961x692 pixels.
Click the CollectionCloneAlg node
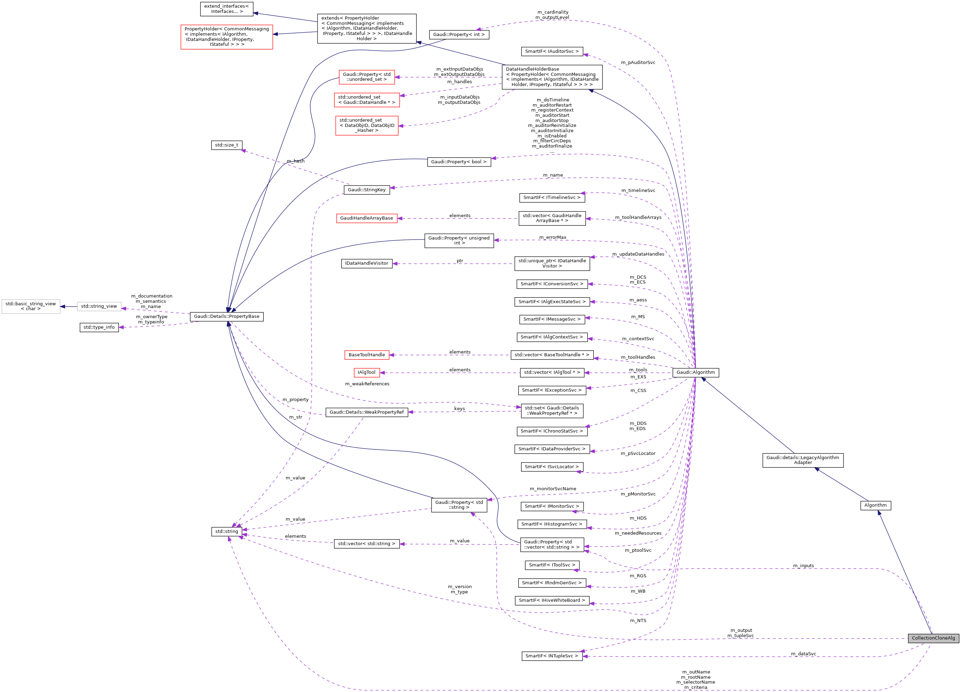tap(933, 638)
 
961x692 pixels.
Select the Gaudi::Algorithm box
tap(695, 372)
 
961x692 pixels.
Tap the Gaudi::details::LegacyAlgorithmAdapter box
tap(803, 460)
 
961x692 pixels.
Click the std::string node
tap(226, 532)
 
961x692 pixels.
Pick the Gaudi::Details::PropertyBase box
tap(226, 316)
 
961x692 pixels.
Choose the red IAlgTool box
tap(366, 372)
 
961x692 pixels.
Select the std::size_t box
tap(226, 145)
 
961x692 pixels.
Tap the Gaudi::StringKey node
tap(366, 190)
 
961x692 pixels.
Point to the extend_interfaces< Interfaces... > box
tap(226, 9)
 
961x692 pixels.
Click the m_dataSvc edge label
tap(803, 654)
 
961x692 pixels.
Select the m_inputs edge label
tap(803, 566)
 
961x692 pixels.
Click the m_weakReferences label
tap(367, 384)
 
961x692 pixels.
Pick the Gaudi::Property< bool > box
tap(458, 162)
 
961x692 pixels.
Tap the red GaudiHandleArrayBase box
tap(366, 218)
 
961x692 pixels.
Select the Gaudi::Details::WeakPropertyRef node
tap(366, 412)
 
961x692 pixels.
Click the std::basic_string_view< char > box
tap(30, 306)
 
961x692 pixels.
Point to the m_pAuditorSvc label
tap(638, 63)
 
